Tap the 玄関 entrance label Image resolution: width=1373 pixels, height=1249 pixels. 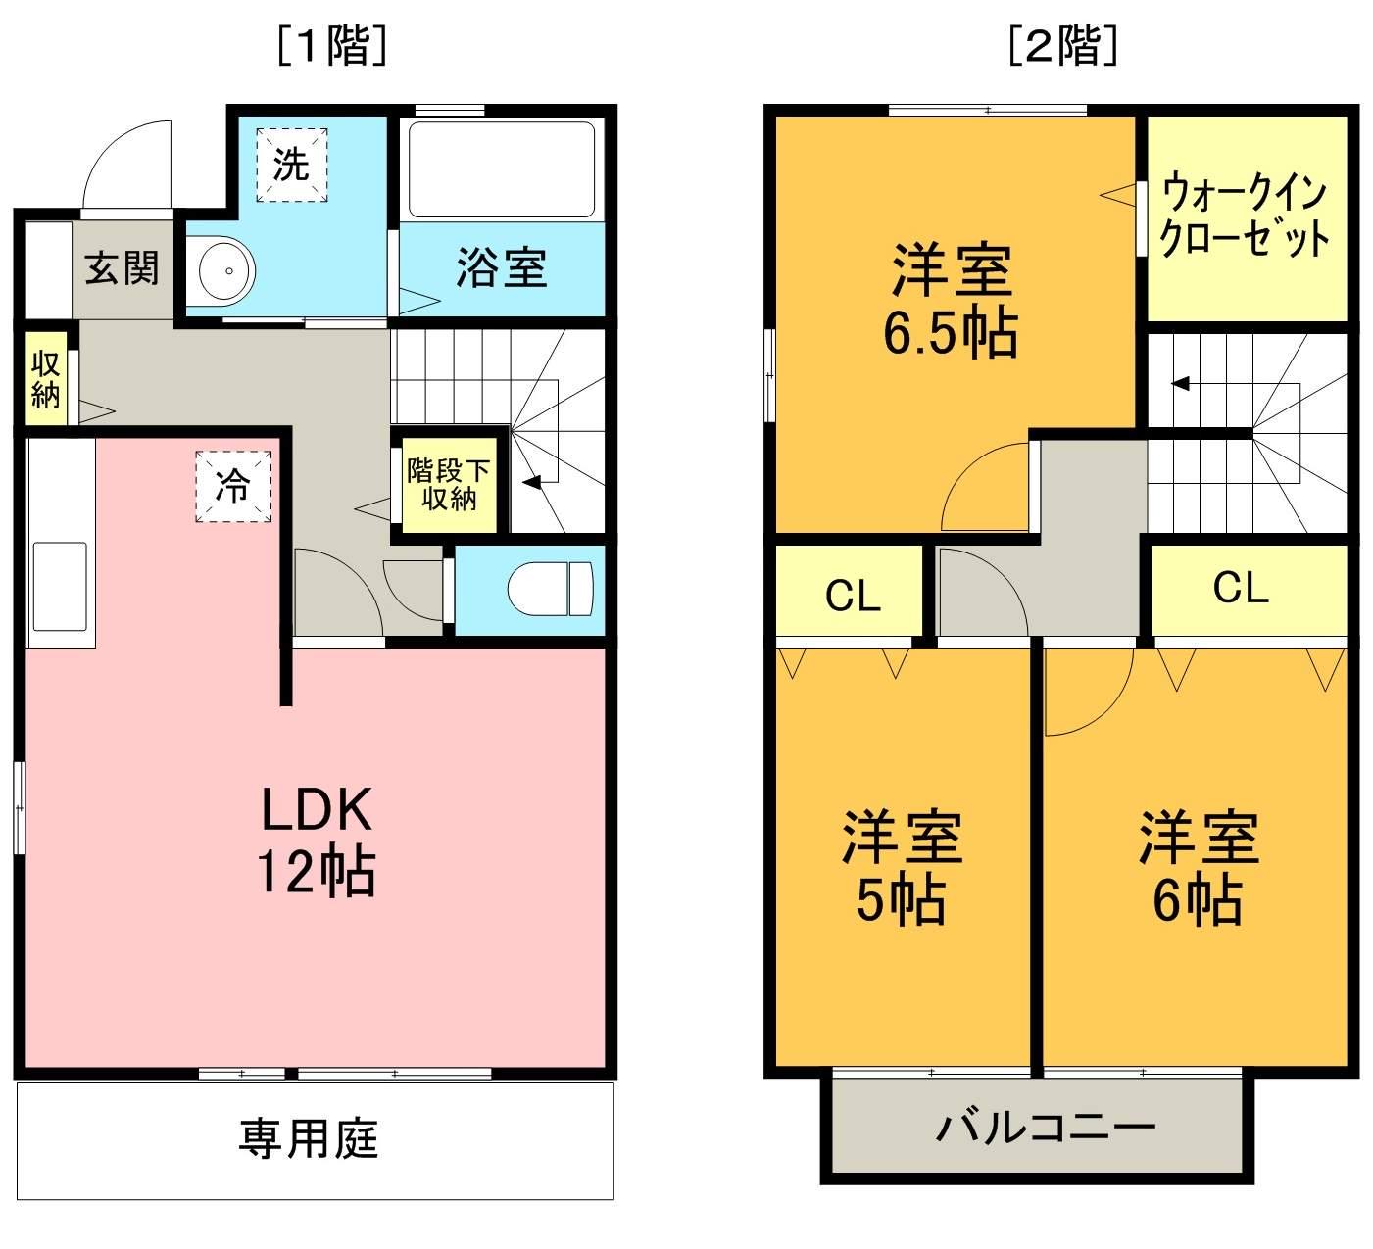tap(121, 267)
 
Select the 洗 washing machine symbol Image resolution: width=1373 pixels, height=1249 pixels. tap(291, 165)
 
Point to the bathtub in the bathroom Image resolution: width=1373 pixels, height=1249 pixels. tap(501, 168)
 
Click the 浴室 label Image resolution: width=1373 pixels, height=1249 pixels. tap(501, 267)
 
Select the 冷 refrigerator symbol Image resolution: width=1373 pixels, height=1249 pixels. tap(233, 486)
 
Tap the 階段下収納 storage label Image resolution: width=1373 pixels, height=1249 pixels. tap(448, 484)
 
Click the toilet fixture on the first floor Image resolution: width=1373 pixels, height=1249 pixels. tap(551, 589)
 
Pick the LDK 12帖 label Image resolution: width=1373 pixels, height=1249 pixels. tap(316, 841)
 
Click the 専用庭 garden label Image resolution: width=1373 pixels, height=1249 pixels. tap(309, 1138)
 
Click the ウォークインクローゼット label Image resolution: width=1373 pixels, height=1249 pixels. tap(1245, 216)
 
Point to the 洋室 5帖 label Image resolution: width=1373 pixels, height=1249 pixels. tap(901, 868)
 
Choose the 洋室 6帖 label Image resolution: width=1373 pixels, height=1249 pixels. tap(1198, 868)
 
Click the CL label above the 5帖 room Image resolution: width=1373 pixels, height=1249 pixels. tap(853, 595)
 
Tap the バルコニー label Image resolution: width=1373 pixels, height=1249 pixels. tap(1045, 1128)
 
